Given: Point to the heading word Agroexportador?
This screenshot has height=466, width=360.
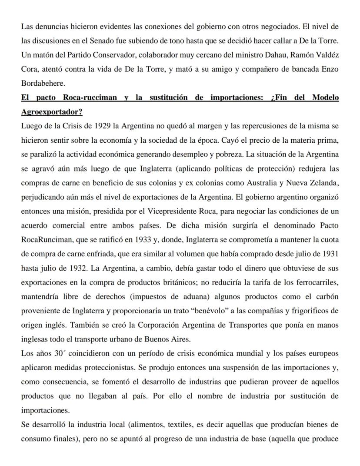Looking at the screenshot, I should (x=51, y=112).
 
